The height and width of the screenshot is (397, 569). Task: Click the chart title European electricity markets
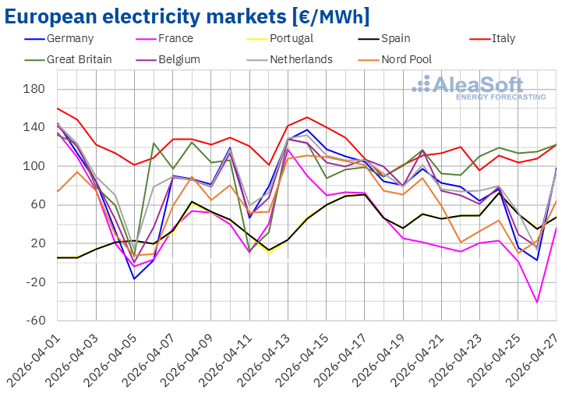pos(186,16)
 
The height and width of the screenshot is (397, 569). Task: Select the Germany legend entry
pos(70,38)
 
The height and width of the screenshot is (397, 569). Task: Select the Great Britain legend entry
pos(79,58)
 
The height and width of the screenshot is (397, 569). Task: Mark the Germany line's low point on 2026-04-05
pos(134,279)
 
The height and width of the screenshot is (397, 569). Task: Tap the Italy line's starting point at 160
pos(58,108)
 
